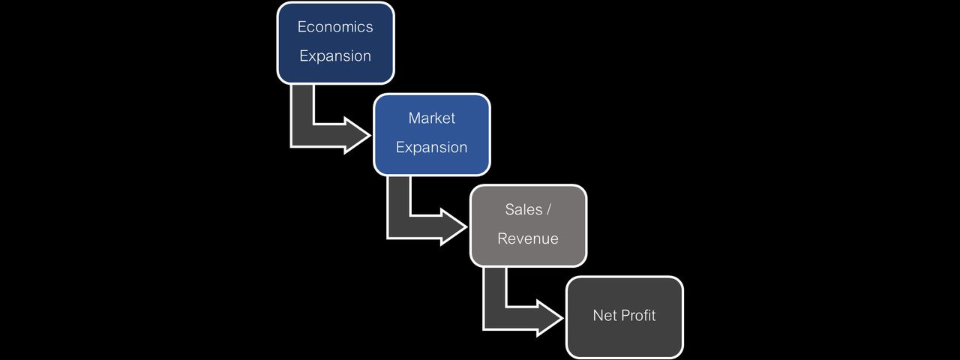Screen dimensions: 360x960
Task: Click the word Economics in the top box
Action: coord(334,27)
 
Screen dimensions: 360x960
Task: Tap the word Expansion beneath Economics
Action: coord(334,56)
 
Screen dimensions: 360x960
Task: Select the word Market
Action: coord(431,118)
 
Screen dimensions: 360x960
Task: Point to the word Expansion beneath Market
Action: coord(431,148)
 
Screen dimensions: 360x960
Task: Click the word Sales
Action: coord(523,210)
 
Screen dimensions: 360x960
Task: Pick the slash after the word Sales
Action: coord(549,210)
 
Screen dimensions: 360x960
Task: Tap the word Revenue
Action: coord(528,239)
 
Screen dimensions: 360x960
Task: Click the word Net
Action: coord(604,316)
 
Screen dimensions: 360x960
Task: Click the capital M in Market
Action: coord(414,118)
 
